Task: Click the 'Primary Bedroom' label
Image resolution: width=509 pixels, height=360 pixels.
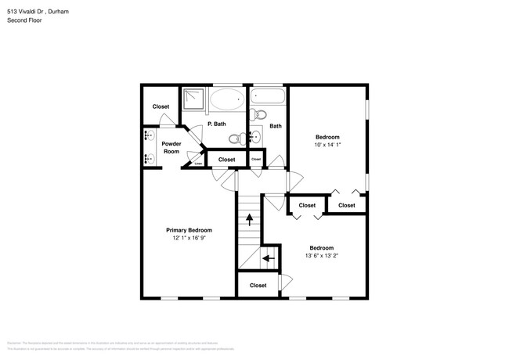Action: tap(189, 230)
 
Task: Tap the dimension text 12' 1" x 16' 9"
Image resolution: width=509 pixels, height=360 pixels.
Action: tap(189, 238)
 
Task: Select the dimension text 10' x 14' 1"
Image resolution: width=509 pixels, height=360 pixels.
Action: tap(327, 144)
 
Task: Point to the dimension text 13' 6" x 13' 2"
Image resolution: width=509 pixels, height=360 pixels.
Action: tap(321, 255)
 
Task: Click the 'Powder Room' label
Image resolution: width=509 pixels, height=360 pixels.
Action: tap(171, 147)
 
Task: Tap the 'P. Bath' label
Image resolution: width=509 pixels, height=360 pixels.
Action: tap(216, 125)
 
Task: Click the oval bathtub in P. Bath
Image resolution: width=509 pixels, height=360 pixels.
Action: tap(228, 99)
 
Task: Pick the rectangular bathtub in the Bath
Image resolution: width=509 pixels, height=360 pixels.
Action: tap(267, 98)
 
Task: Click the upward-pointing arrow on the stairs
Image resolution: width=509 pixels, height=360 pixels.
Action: tap(250, 221)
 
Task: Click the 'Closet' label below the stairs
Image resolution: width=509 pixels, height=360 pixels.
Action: tap(258, 286)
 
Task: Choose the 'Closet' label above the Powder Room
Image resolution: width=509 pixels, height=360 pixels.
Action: tap(161, 106)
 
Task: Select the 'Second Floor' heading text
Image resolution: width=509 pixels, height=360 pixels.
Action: tap(25, 20)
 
